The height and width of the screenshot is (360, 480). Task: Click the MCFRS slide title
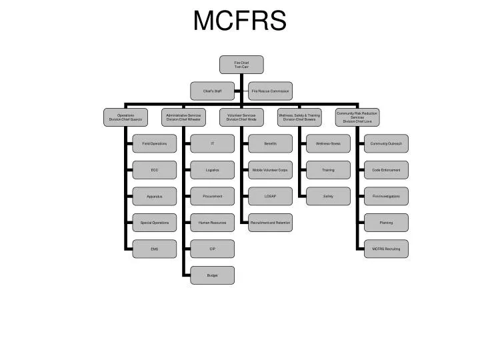[x=240, y=21]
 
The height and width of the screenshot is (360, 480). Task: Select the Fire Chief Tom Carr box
[x=241, y=65]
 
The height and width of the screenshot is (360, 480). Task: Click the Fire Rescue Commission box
[x=270, y=90]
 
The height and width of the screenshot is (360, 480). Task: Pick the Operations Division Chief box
[x=126, y=117]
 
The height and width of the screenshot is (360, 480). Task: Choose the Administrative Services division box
[x=183, y=117]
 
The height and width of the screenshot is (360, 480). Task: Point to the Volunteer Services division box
[x=241, y=117]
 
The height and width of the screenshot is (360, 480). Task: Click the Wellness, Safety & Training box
[x=299, y=117]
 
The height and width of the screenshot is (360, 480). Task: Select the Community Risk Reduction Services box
[x=357, y=117]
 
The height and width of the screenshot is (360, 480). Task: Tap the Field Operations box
[x=155, y=143]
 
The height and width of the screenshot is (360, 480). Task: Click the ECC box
[x=155, y=170]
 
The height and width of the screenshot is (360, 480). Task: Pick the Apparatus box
[x=155, y=196]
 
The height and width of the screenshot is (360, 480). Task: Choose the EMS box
[x=155, y=249]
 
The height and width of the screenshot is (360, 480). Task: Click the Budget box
[x=213, y=275]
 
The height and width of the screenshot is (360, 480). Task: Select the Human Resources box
[x=213, y=222]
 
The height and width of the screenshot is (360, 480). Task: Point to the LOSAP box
[x=270, y=196]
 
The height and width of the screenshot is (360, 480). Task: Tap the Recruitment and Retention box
[x=270, y=222]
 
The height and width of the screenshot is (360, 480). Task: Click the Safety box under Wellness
[x=328, y=196]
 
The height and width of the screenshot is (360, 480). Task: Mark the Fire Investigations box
[x=386, y=196]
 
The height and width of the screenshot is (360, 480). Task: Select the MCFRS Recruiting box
[x=386, y=249]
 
